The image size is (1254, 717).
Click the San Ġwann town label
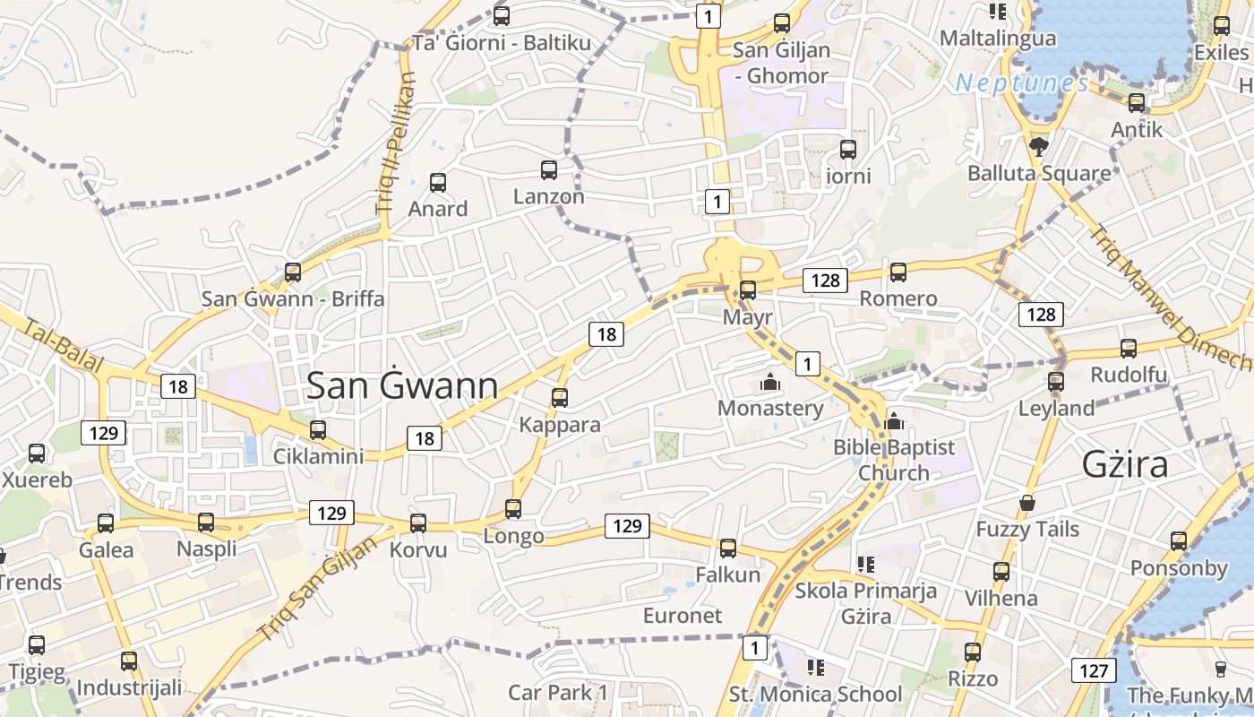(x=402, y=385)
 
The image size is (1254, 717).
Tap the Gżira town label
(x=1125, y=464)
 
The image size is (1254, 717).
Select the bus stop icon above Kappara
(x=560, y=397)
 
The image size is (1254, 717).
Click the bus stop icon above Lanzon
(x=549, y=169)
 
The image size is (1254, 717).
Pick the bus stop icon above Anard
(x=438, y=183)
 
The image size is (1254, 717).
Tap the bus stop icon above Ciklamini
(x=318, y=429)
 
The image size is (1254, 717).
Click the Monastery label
(x=770, y=409)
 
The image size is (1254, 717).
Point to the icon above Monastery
(x=770, y=383)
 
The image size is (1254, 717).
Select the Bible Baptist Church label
(x=894, y=460)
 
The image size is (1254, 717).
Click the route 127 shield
(x=1093, y=670)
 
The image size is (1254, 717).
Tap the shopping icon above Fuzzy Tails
(x=1027, y=503)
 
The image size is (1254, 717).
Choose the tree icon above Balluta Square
(x=1039, y=146)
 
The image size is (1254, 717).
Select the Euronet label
(x=683, y=616)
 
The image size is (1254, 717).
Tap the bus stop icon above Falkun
(x=728, y=548)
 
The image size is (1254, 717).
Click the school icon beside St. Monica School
(x=815, y=668)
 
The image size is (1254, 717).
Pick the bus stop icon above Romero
(x=898, y=272)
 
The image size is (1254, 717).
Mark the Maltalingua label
(x=998, y=39)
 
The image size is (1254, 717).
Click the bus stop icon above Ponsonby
(x=1179, y=540)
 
